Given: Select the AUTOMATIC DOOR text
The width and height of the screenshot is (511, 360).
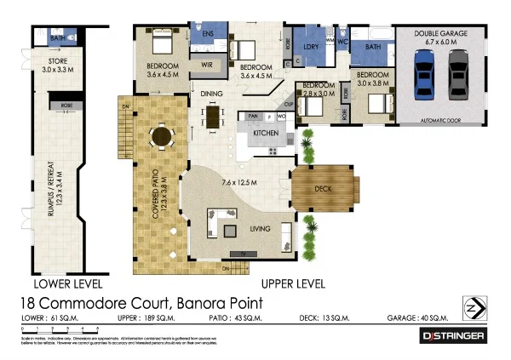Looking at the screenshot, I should [x=440, y=122].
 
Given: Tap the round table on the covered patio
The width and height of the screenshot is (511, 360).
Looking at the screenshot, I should [x=160, y=137].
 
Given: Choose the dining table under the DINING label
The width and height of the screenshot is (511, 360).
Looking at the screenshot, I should [x=211, y=116].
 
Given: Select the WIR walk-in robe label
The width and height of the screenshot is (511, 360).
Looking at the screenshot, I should [x=206, y=64].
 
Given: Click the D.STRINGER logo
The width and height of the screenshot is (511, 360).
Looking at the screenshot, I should [x=454, y=336].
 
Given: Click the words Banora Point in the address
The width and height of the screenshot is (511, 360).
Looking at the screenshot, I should [x=216, y=303].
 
